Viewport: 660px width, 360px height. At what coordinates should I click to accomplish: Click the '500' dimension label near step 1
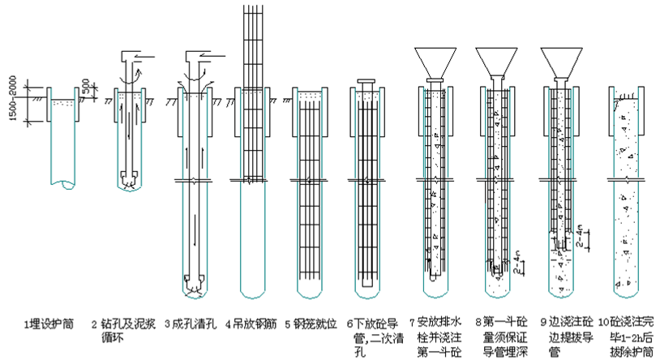[86, 84]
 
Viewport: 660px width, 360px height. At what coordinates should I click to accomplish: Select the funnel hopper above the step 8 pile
[496, 61]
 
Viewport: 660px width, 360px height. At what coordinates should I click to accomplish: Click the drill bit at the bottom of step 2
[127, 178]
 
